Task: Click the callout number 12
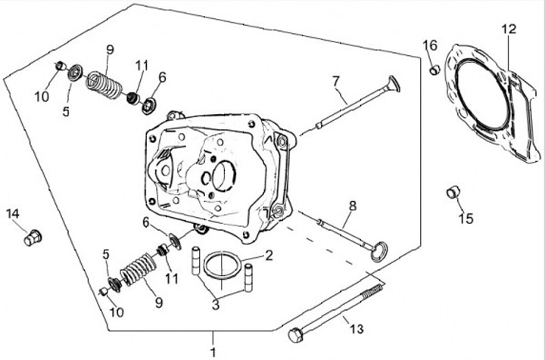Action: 509,29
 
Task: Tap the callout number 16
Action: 430,45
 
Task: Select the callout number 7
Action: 335,82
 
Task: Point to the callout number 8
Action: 353,206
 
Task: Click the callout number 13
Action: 357,328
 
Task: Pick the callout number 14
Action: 13,214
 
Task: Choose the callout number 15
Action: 466,219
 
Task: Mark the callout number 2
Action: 269,256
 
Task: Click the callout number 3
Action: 216,305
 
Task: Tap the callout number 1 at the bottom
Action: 213,352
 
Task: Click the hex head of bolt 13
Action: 296,335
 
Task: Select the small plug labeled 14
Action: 33,237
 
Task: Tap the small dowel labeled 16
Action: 434,70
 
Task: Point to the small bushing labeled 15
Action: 453,192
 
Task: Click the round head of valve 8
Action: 378,251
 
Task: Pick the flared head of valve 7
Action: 394,84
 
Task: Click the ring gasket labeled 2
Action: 223,256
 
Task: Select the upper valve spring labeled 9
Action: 104,85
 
